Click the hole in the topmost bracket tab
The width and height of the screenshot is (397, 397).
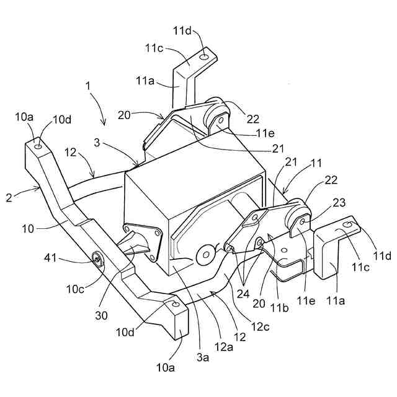click(x=204, y=57)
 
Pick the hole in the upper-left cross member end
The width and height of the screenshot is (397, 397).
click(x=39, y=147)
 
